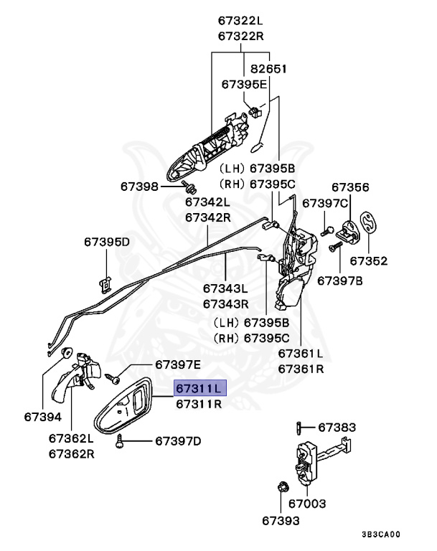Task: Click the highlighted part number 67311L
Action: click(x=200, y=388)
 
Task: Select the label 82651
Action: click(x=268, y=69)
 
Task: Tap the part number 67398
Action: click(x=139, y=187)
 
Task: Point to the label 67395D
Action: click(x=107, y=242)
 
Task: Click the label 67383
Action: click(x=337, y=428)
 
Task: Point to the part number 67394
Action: click(x=42, y=416)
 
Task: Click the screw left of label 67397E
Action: click(x=111, y=376)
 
